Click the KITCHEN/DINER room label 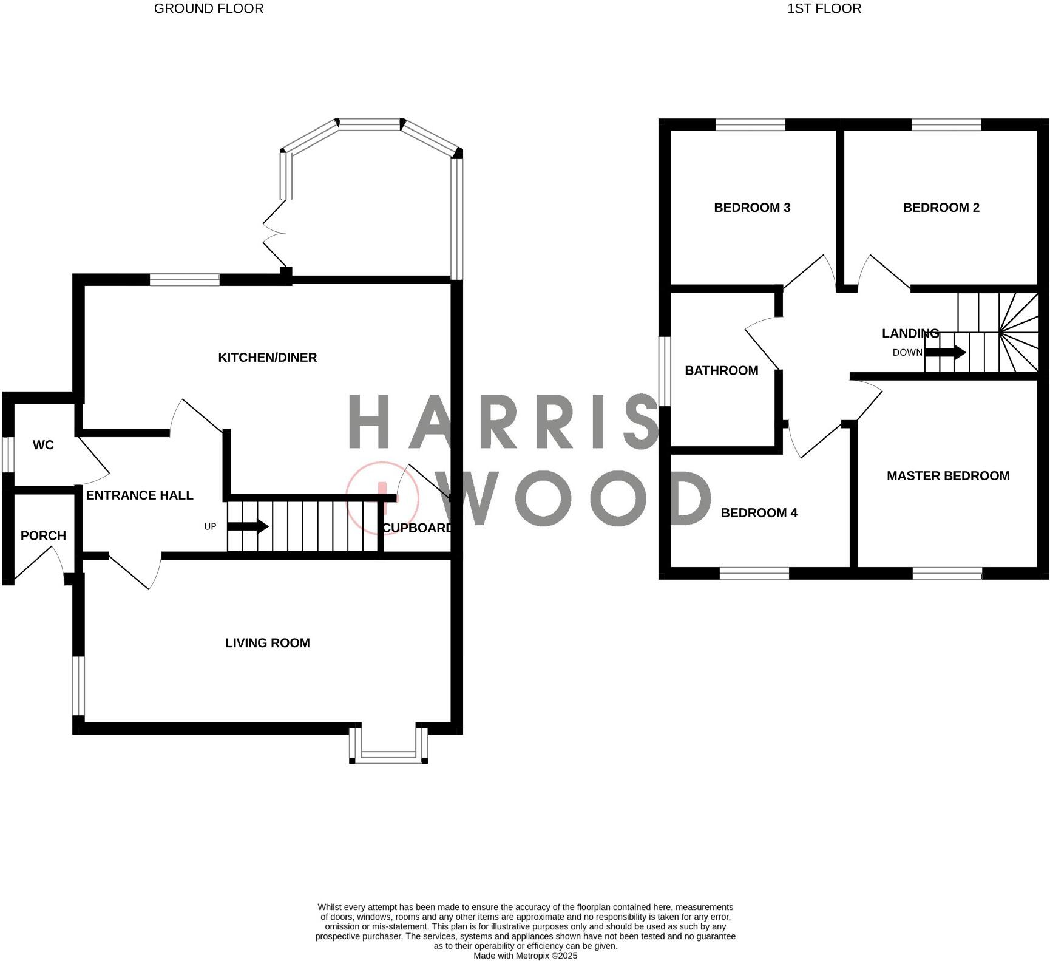pos(267,358)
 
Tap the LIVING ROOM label pos(267,643)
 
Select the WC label pos(43,445)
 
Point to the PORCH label pos(43,535)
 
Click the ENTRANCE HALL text pos(140,495)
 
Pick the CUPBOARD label pos(417,528)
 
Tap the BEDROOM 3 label pos(752,208)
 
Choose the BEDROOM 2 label pos(941,208)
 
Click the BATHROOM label pos(721,370)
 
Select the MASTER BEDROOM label pos(948,476)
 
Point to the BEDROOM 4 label pos(759,513)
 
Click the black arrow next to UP pos(248,526)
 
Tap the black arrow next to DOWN pos(945,352)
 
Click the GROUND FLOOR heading pos(209,8)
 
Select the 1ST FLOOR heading pos(824,8)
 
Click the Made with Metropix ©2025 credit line pos(525,956)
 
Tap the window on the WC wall pos(8,453)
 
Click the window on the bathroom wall pos(665,371)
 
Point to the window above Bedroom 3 pos(750,125)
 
